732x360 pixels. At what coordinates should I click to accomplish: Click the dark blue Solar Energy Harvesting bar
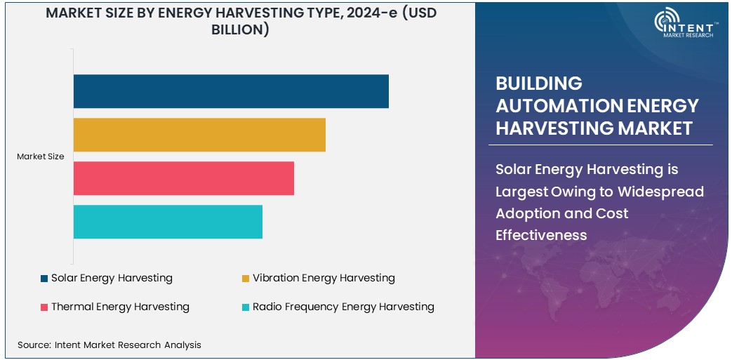pyautogui.click(x=231, y=91)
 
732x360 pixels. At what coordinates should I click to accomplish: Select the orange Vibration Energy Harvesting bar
pyautogui.click(x=199, y=135)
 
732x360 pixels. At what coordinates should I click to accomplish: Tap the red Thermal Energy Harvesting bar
pyautogui.click(x=183, y=178)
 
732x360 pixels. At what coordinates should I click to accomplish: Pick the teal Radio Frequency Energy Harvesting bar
pyautogui.click(x=168, y=222)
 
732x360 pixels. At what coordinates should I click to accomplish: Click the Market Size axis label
pyautogui.click(x=41, y=156)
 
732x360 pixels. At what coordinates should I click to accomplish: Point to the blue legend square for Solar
pyautogui.click(x=44, y=279)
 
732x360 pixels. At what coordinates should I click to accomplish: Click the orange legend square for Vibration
pyautogui.click(x=246, y=279)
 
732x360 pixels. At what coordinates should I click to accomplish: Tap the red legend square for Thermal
pyautogui.click(x=44, y=307)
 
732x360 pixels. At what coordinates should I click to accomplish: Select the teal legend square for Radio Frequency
pyautogui.click(x=246, y=307)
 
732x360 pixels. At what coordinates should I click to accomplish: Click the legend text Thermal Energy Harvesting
pyautogui.click(x=120, y=307)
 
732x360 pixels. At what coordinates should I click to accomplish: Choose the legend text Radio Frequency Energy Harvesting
pyautogui.click(x=343, y=307)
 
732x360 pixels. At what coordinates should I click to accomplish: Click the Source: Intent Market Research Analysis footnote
pyautogui.click(x=109, y=345)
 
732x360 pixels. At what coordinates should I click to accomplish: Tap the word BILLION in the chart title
pyautogui.click(x=240, y=30)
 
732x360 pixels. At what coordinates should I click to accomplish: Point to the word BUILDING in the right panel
pyautogui.click(x=539, y=84)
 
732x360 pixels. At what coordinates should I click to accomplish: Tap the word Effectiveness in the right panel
pyautogui.click(x=541, y=235)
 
